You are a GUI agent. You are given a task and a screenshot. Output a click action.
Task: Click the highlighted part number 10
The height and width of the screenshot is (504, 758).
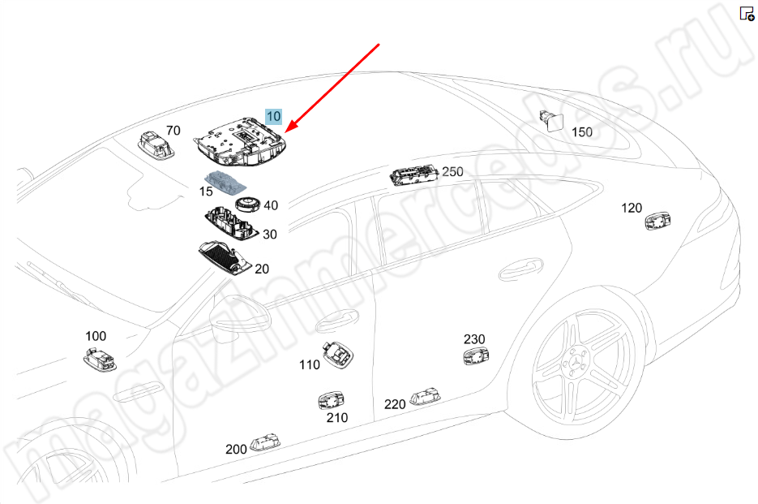[273, 117]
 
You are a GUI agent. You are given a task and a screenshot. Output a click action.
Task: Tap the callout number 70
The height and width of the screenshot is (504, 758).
[173, 131]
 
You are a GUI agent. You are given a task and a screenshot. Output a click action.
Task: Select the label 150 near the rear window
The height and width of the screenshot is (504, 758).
[582, 132]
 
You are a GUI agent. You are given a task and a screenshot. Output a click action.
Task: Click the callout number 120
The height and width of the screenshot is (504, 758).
[632, 209]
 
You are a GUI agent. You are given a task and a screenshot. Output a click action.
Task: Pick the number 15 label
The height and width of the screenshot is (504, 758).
[206, 192]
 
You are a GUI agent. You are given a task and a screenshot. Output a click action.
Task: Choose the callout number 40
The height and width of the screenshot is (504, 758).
[270, 206]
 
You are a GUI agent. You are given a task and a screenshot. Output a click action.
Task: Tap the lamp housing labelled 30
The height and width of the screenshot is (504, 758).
[230, 222]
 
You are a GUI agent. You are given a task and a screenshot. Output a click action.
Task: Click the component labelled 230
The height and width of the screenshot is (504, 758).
[475, 356]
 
